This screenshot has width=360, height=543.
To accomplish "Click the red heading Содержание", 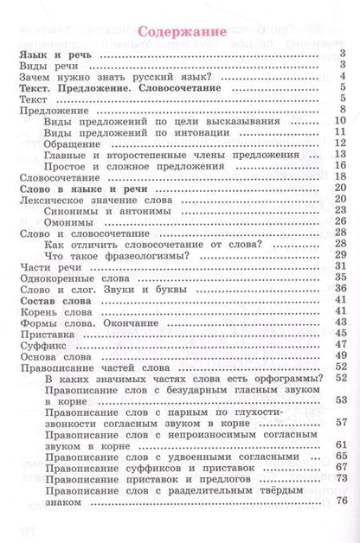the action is [x=181, y=33].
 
